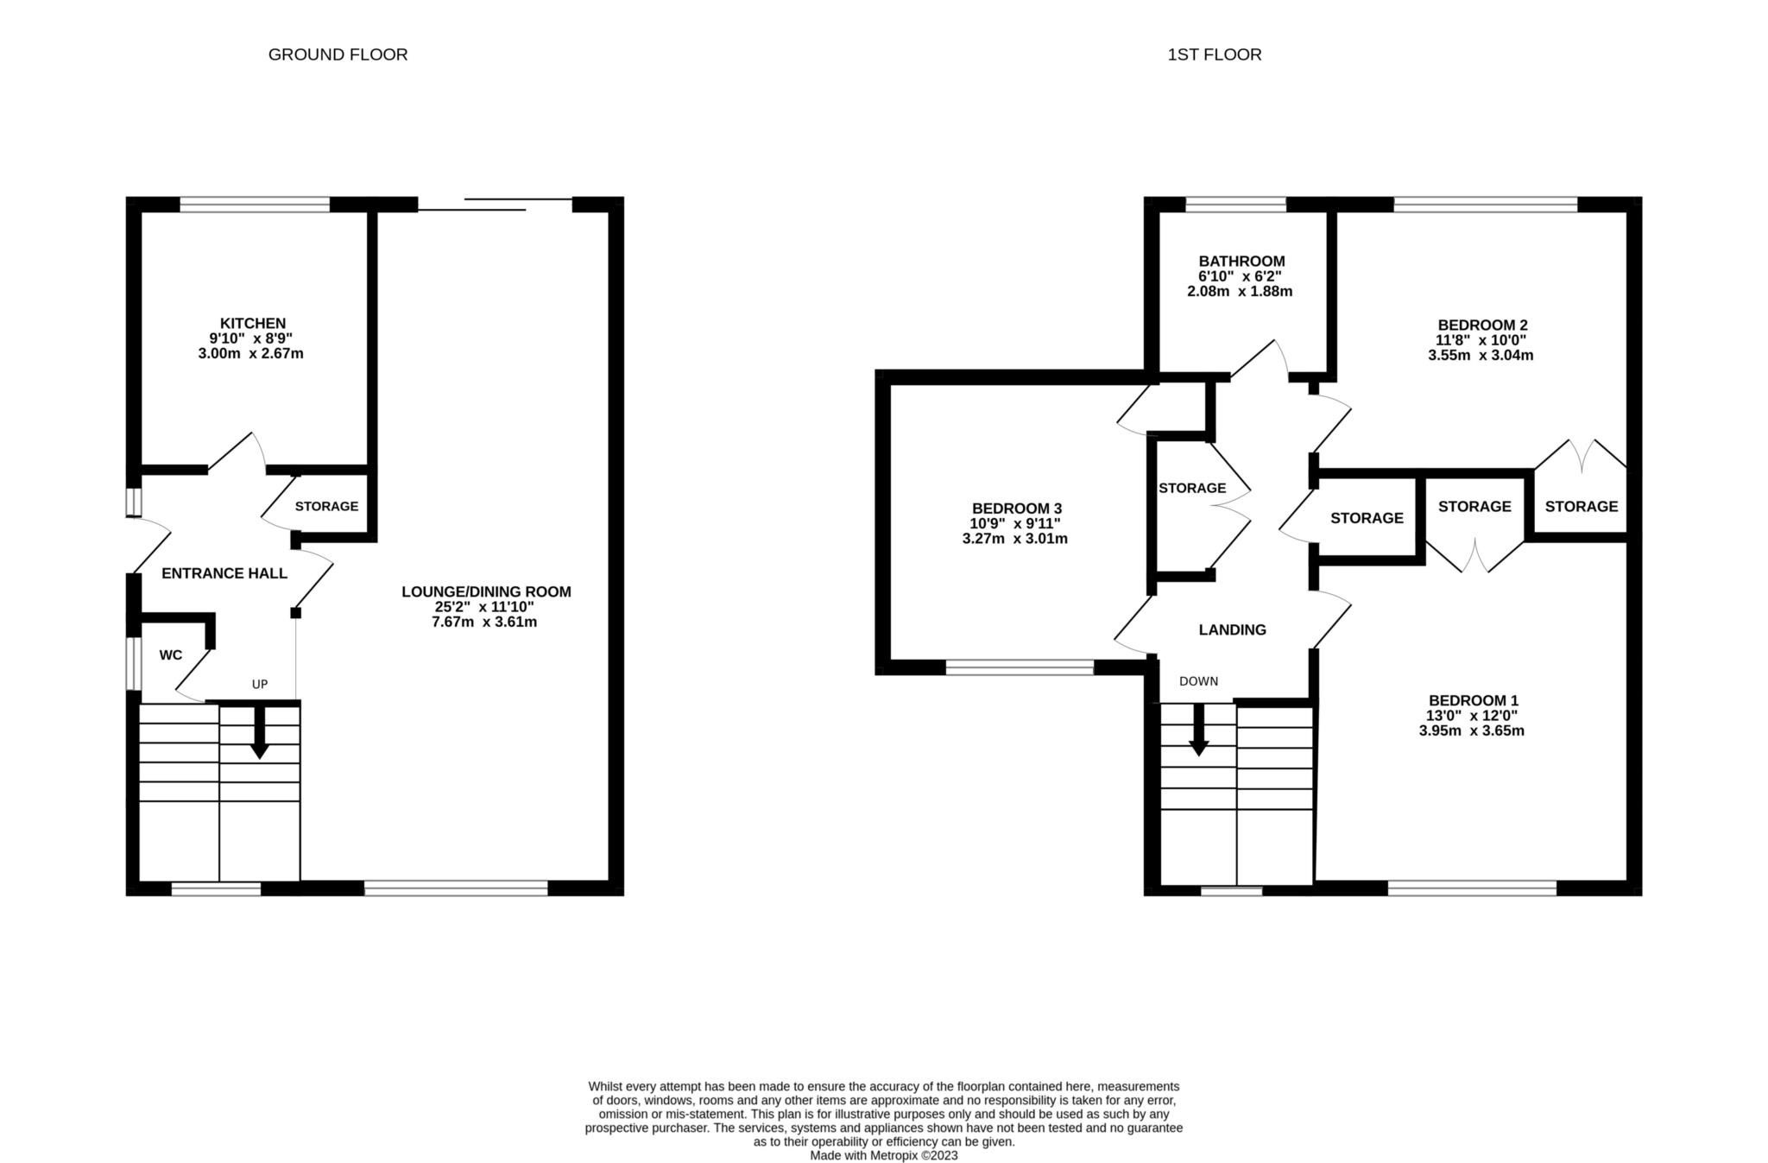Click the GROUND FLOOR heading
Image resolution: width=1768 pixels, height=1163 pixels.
tap(338, 54)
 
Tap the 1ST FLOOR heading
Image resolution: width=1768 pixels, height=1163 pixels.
tap(1214, 54)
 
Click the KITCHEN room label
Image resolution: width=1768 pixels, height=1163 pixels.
tap(252, 324)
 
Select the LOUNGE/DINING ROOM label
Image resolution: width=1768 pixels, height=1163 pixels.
tap(486, 591)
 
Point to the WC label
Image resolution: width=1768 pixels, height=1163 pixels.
tap(171, 655)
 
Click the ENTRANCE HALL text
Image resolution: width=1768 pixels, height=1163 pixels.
tap(224, 573)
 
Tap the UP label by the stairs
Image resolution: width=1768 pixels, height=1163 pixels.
tap(260, 684)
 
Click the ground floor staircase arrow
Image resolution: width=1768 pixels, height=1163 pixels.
tap(259, 735)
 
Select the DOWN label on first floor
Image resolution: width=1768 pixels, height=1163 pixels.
tap(1198, 681)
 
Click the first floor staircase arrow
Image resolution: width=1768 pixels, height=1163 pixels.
tap(1198, 733)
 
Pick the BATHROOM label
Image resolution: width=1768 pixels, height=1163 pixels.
tap(1241, 261)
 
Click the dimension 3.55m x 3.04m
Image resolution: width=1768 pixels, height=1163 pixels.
tap(1481, 355)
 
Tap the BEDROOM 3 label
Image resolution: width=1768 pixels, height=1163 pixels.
tap(1016, 509)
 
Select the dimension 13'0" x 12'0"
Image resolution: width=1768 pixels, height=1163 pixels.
tap(1472, 716)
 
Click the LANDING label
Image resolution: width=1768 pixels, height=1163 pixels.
tap(1232, 629)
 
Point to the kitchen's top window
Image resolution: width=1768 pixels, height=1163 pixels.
tap(255, 205)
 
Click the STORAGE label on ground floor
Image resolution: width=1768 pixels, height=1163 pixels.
tap(326, 506)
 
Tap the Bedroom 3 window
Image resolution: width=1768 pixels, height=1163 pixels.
tap(1020, 667)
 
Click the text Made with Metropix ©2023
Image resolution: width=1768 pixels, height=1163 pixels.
tap(883, 1155)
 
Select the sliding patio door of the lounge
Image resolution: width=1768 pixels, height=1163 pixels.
tap(495, 205)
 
